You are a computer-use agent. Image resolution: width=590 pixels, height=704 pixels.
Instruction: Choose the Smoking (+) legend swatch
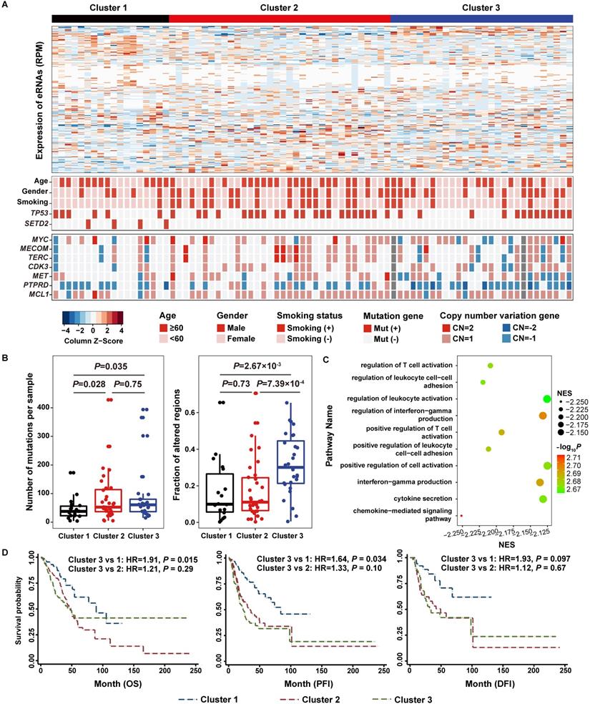point(280,327)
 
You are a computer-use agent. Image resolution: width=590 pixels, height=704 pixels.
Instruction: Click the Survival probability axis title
point(19,608)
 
